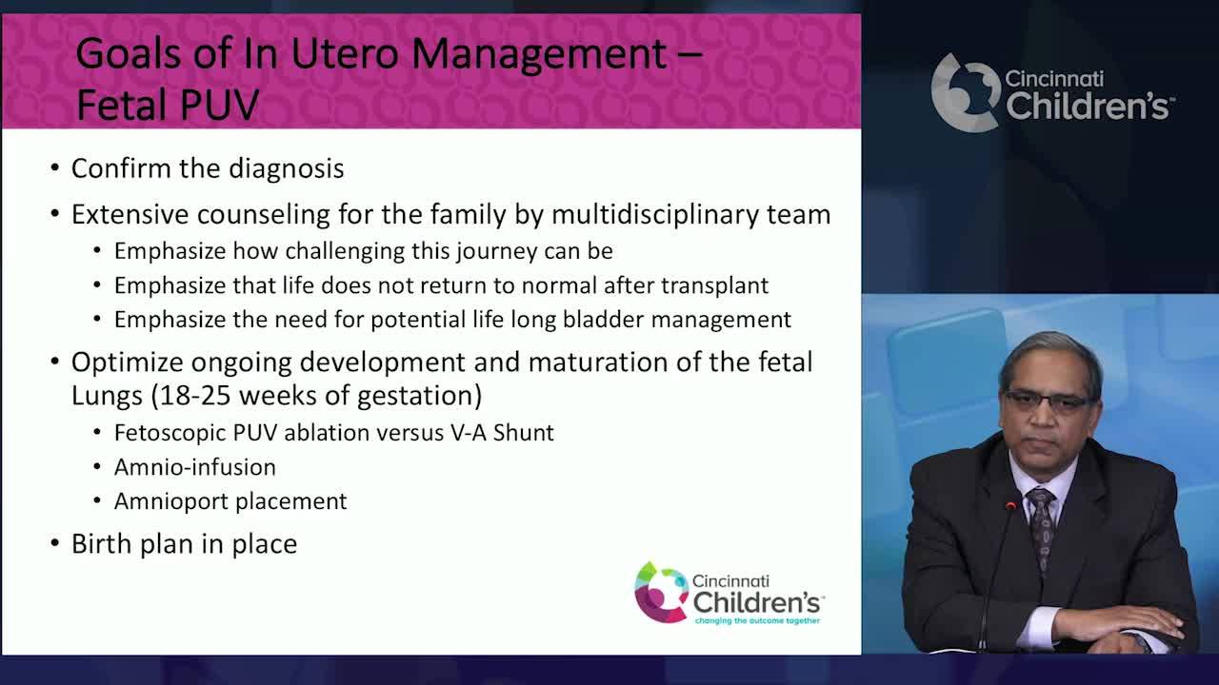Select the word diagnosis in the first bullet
click(281, 168)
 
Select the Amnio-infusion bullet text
click(195, 467)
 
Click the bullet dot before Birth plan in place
click(55, 544)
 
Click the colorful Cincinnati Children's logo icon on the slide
click(661, 592)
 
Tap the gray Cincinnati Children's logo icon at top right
click(965, 93)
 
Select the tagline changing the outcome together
click(757, 620)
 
